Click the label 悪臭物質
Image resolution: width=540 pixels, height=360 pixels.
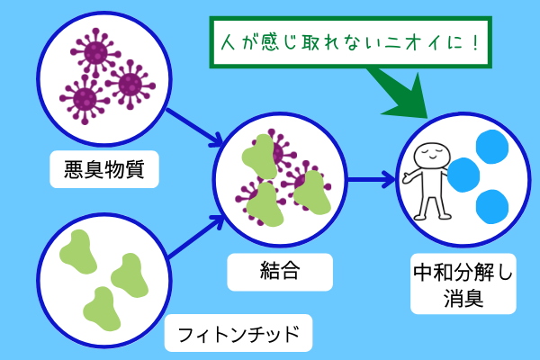[105, 167]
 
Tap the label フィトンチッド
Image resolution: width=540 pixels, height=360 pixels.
[238, 334]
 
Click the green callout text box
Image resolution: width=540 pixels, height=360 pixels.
[350, 40]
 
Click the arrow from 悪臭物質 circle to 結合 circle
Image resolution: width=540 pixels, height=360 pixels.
[193, 123]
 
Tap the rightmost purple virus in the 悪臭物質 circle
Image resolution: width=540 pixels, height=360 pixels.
[130, 86]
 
